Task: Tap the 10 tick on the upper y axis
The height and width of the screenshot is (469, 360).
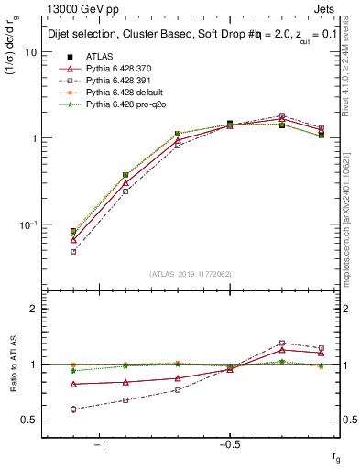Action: [x=31, y=52]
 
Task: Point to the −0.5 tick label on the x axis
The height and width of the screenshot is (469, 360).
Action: [x=228, y=444]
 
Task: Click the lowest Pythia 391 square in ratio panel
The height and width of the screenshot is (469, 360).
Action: [x=73, y=409]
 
